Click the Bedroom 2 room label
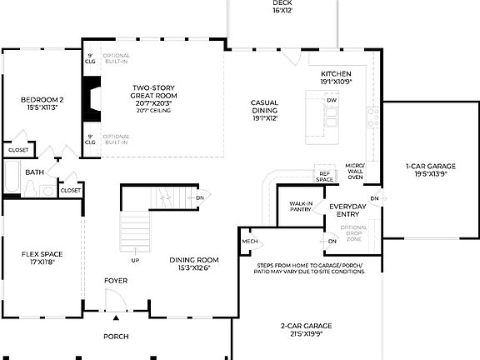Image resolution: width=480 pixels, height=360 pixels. (42, 104)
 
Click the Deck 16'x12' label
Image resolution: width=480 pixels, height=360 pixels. (282, 7)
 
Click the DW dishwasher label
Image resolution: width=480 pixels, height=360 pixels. (332, 101)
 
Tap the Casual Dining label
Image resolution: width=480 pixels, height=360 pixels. (264, 110)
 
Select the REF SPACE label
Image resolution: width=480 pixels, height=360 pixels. (324, 176)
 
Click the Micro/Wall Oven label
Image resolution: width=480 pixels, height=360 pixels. (355, 172)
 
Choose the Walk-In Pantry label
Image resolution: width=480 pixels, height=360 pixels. (301, 207)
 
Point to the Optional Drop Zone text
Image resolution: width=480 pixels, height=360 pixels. (353, 233)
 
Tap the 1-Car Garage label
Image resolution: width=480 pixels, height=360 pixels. (430, 171)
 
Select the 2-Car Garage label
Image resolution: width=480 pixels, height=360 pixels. (306, 329)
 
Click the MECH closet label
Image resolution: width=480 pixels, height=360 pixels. (250, 242)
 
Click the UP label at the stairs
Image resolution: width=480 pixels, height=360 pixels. (135, 260)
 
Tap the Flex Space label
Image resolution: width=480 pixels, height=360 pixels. (42, 258)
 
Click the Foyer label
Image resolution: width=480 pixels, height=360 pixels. (116, 281)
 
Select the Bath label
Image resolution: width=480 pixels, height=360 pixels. (34, 172)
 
